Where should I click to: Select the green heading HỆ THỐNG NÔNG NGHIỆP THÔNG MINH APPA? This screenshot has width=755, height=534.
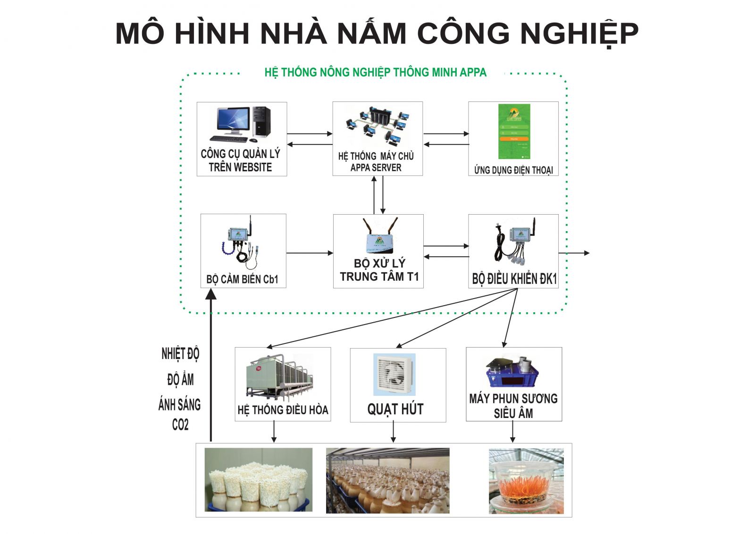coord(375,73)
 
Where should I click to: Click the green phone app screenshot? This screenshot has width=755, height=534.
coord(514,132)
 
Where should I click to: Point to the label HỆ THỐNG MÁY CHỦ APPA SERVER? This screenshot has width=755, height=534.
coord(376,162)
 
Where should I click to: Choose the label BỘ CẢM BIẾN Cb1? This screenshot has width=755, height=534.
coord(243,279)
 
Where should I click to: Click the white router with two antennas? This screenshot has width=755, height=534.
coord(379,236)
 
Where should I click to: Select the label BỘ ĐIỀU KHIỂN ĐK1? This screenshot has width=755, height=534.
coord(514,279)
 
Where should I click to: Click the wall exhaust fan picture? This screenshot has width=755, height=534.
coord(394,374)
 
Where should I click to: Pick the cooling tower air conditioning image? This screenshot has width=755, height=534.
coord(280,377)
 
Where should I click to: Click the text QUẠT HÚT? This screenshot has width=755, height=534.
coord(395,409)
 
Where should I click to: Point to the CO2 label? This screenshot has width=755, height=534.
coord(180,425)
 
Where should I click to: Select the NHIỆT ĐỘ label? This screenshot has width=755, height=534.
coord(180,354)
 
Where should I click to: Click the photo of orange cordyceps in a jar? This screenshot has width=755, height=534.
coord(526,480)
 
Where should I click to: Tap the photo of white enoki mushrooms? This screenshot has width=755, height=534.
coord(259,479)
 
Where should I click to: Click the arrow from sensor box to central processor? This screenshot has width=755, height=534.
coord(310,253)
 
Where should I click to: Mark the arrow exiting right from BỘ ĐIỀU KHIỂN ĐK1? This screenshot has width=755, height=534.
coord(574,253)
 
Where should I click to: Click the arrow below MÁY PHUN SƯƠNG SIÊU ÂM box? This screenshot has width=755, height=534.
coord(512,432)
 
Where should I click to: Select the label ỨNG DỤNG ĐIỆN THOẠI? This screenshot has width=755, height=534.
coord(513,170)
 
